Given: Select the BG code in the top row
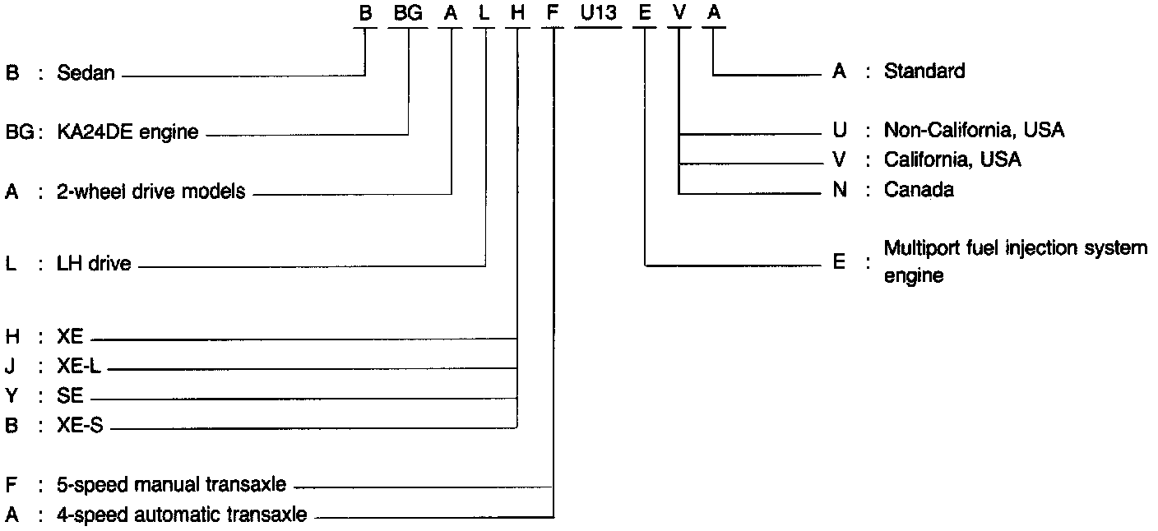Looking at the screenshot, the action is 408,13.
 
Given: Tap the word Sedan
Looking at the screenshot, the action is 86,74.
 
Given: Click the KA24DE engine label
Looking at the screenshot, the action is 127,132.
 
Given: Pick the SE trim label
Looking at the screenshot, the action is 71,397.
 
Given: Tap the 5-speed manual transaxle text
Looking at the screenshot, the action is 172,484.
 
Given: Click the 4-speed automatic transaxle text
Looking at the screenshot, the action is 182,515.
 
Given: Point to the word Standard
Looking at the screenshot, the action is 924,72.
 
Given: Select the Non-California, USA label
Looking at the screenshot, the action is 974,130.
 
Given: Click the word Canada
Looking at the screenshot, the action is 919,190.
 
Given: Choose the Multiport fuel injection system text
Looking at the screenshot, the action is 1015,248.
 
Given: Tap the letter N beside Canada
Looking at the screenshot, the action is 840,190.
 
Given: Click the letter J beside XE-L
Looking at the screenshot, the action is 11,368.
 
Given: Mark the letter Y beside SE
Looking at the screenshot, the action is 12,397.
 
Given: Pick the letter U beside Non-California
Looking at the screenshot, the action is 840,130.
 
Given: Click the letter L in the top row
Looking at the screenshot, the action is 485,13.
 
